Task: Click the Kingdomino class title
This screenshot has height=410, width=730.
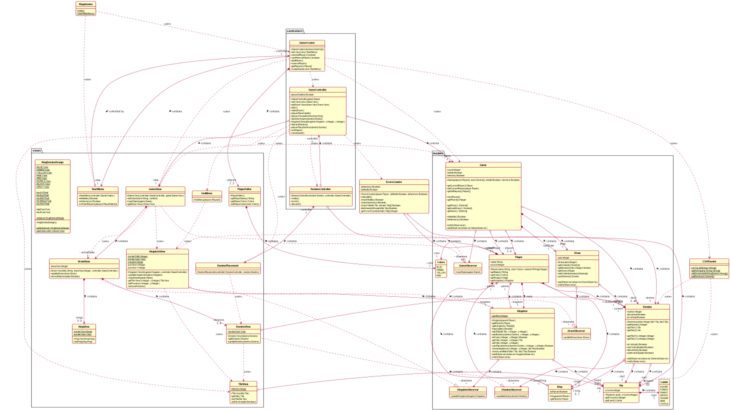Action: pyautogui.click(x=86, y=4)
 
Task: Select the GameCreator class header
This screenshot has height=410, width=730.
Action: pyautogui.click(x=307, y=43)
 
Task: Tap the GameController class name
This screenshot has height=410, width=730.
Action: pyautogui.click(x=317, y=90)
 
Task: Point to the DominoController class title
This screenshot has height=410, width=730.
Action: pyautogui.click(x=321, y=189)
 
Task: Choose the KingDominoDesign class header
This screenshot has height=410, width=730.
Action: pyautogui.click(x=52, y=162)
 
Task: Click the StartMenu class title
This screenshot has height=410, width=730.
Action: pyautogui.click(x=98, y=189)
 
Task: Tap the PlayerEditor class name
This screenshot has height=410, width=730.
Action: pyautogui.click(x=244, y=189)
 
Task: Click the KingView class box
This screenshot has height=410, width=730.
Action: pyautogui.click(x=84, y=334)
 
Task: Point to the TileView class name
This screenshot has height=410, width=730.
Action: pyautogui.click(x=243, y=384)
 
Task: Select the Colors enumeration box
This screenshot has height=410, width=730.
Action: pyautogui.click(x=441, y=268)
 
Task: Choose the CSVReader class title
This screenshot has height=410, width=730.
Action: pyautogui.click(x=709, y=261)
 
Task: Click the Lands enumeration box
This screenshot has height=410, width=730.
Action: pyautogui.click(x=664, y=392)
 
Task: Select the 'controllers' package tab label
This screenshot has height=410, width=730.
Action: pyautogui.click(x=295, y=31)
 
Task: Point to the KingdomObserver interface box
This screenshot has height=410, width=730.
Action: pyautogui.click(x=468, y=392)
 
